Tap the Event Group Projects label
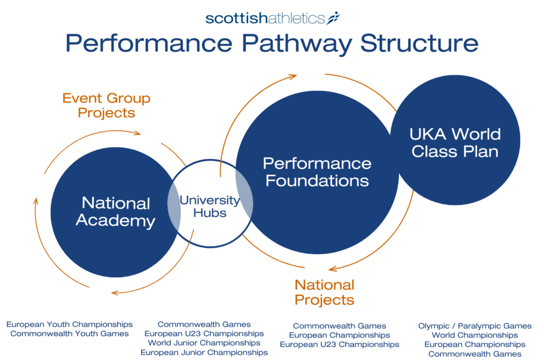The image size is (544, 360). pyautogui.click(x=106, y=105)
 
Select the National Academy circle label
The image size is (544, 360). pyautogui.click(x=116, y=212)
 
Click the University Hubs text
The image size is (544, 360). pyautogui.click(x=209, y=207)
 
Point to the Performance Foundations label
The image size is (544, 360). pyautogui.click(x=317, y=172)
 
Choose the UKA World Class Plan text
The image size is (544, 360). pyautogui.click(x=456, y=142)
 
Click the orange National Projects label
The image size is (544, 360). pyautogui.click(x=324, y=292)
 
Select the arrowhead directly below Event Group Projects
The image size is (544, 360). pyautogui.click(x=137, y=133)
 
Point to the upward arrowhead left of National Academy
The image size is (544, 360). pyautogui.click(x=36, y=202)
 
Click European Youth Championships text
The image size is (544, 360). pyautogui.click(x=70, y=324)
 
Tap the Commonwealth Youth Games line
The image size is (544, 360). pyautogui.click(x=70, y=333)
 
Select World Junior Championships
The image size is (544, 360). pyautogui.click(x=204, y=343)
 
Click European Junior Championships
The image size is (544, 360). pyautogui.click(x=204, y=352)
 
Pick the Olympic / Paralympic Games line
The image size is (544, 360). pyautogui.click(x=474, y=326)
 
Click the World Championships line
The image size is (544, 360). pyautogui.click(x=474, y=335)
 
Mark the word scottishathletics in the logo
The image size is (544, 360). pyautogui.click(x=265, y=18)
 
